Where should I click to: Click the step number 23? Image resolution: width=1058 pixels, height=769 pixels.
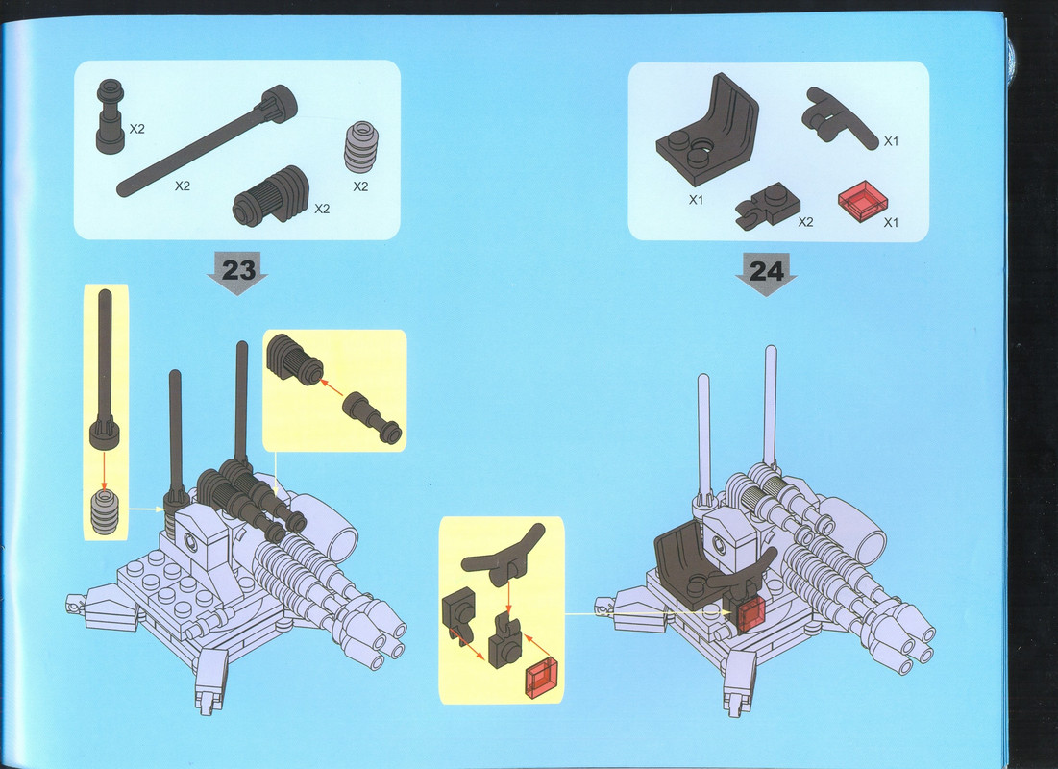[x=239, y=270]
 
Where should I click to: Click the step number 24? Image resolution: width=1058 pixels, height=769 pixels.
[x=767, y=271]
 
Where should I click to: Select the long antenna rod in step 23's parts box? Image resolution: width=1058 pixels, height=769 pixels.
[x=208, y=141]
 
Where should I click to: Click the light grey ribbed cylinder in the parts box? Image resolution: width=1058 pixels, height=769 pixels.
[x=361, y=147]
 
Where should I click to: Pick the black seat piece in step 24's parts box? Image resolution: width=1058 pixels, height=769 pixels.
[x=707, y=130]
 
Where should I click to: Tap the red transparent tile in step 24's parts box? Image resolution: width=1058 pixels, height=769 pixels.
[x=864, y=200]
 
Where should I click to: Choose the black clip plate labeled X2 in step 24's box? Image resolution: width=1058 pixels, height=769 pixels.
[x=767, y=206]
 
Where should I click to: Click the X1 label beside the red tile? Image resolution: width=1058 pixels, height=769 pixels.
[x=891, y=223]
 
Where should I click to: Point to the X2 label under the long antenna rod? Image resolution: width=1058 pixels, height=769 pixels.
[x=183, y=186]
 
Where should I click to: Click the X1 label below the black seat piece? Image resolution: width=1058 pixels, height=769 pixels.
[x=696, y=200]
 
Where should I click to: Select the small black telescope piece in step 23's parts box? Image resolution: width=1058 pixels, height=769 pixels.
[x=110, y=116]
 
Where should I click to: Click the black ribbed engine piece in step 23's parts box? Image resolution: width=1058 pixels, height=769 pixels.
[x=271, y=196]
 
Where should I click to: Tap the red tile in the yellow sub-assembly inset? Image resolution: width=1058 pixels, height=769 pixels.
[x=541, y=677]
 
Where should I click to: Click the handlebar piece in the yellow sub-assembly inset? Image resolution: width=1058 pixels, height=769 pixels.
[x=504, y=557]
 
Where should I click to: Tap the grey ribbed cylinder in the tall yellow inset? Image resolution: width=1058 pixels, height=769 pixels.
[x=105, y=512]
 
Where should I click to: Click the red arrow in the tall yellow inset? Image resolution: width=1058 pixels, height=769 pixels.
[x=104, y=470]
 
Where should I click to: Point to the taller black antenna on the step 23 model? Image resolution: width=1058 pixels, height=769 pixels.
[x=241, y=404]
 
